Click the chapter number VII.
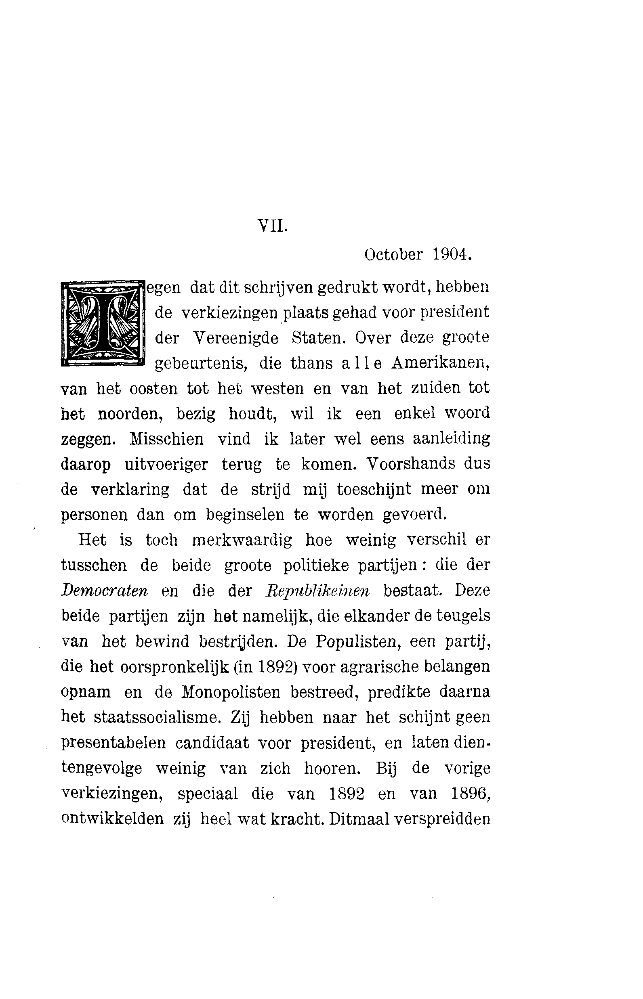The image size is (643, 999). point(272,226)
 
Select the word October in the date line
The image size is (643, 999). point(393,255)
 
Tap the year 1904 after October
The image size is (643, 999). point(452,255)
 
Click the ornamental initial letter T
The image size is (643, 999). point(103,324)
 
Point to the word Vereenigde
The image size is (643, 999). point(236,337)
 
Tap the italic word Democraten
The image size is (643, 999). point(104,591)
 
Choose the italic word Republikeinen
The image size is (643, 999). point(317,591)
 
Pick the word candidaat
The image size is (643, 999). point(212,743)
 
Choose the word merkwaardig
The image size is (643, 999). point(242,540)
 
